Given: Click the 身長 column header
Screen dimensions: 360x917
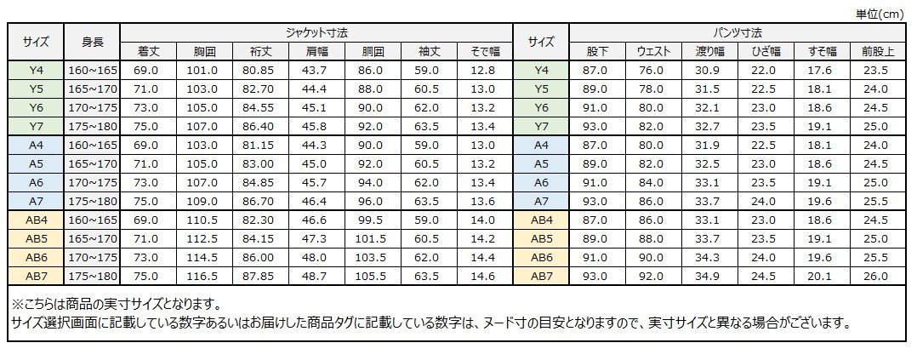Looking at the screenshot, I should [93, 42].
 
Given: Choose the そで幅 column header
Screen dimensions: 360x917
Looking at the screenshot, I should [485, 52].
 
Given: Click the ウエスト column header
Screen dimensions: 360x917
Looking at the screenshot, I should [655, 52].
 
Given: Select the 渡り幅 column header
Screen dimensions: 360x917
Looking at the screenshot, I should [709, 52].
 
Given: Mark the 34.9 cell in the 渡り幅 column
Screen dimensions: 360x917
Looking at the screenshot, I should [709, 276].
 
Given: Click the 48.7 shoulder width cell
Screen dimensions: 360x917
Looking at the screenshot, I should [316, 276].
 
